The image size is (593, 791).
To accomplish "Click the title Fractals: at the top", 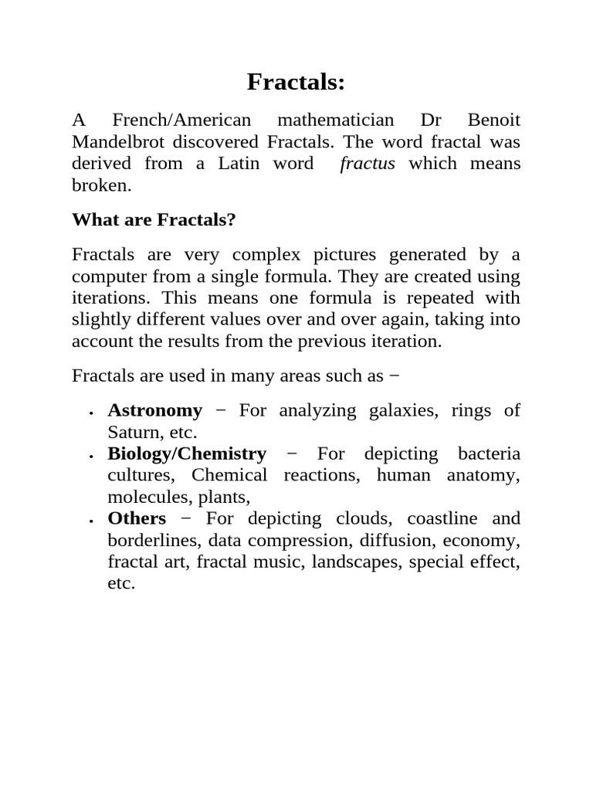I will [x=296, y=82].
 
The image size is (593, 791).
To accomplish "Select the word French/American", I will [x=182, y=121].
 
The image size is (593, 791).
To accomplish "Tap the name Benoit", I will [x=494, y=121].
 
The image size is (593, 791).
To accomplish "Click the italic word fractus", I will [x=368, y=164].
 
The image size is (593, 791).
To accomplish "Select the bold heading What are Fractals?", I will [x=154, y=220].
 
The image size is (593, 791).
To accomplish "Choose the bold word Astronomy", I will [x=155, y=410].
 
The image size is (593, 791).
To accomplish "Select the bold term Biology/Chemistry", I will [x=187, y=453].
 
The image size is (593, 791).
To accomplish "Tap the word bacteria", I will [x=489, y=453].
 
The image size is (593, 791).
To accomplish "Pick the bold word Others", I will [x=137, y=518].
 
